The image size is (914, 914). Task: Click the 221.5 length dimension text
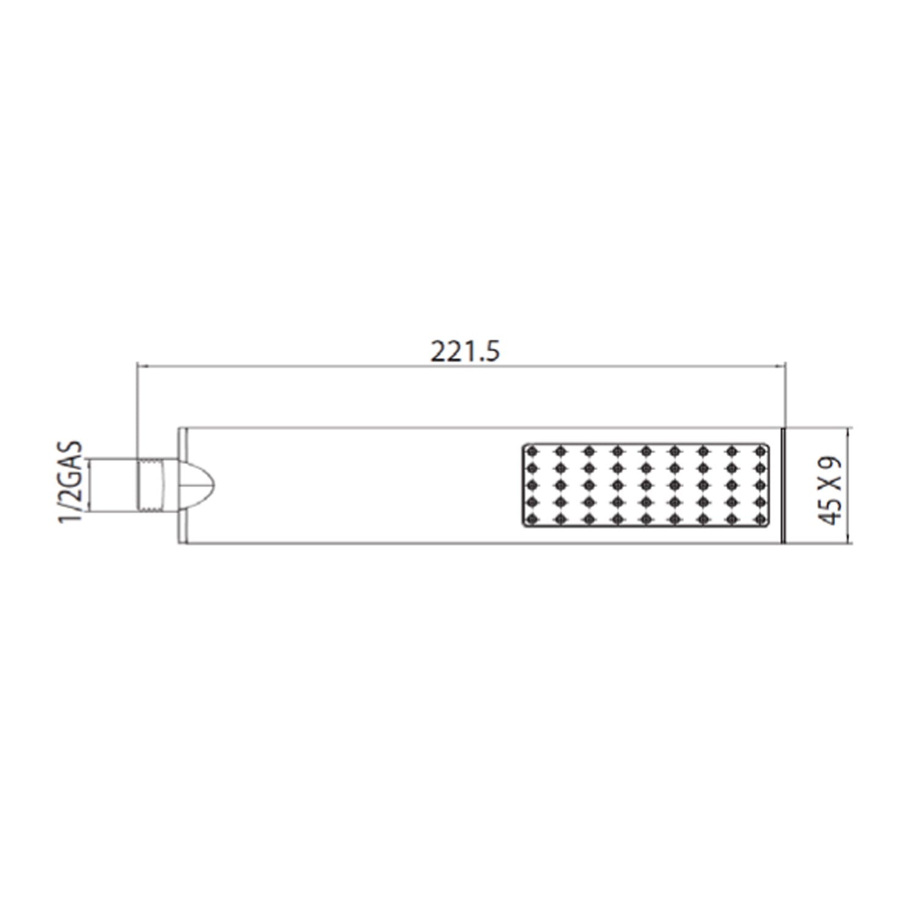pos(465,352)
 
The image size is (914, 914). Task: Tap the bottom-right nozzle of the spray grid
pos(760,519)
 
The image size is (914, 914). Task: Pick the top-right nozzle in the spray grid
pos(760,452)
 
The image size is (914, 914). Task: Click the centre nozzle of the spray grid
pos(646,485)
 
